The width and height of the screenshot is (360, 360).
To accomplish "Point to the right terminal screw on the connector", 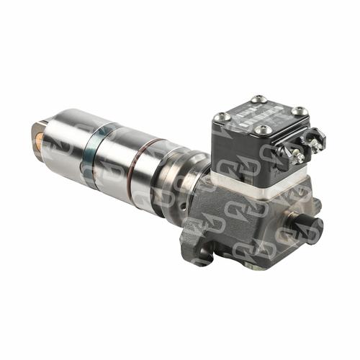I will (x=314, y=144).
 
